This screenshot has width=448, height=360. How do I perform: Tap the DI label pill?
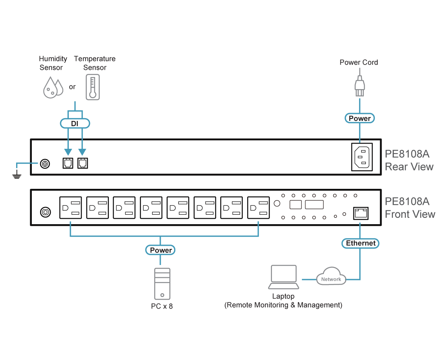click(75, 124)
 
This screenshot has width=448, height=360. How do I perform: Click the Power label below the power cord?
click(360, 118)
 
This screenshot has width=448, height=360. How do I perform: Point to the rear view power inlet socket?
click(362, 157)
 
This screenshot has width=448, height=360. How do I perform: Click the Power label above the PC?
click(160, 250)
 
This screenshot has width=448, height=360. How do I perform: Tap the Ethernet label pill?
click(360, 243)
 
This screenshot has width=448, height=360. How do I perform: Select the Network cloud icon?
click(331, 277)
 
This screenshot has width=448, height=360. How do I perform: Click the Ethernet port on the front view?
click(361, 213)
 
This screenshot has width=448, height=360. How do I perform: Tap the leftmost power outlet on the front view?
click(71, 208)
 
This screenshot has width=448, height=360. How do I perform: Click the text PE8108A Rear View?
click(409, 160)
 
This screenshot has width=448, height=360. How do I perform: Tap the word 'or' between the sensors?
click(72, 87)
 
